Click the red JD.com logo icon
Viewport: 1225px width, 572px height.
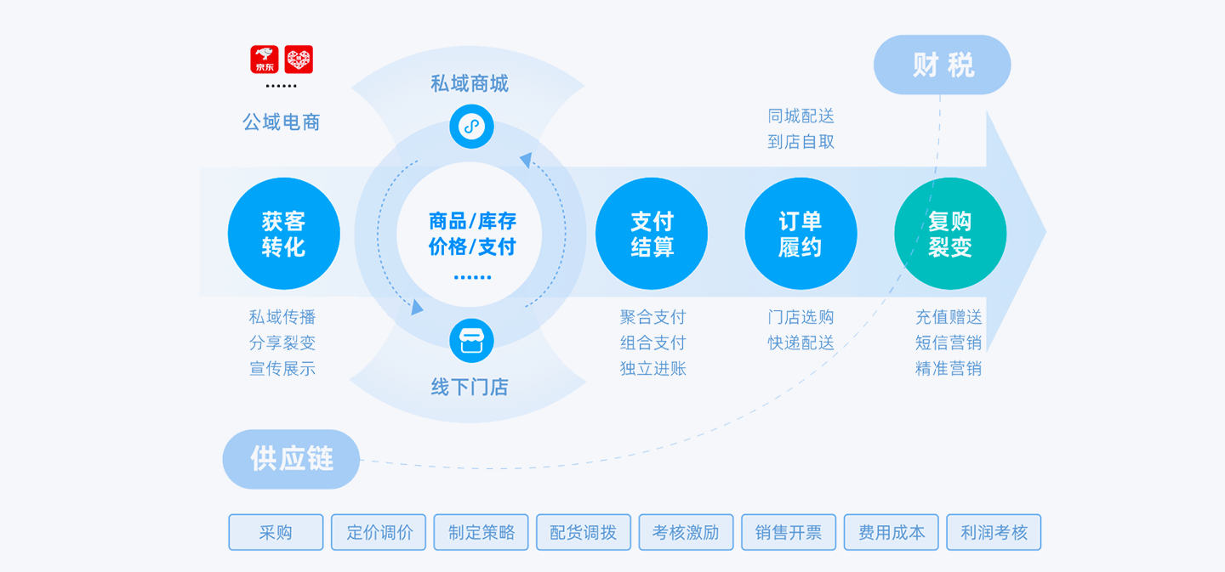(x=265, y=59)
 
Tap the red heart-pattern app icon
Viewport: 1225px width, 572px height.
(x=299, y=59)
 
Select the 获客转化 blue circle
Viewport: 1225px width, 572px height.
(x=283, y=234)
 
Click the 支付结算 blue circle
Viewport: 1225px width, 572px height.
(x=652, y=234)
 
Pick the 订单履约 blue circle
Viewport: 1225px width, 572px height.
(x=801, y=234)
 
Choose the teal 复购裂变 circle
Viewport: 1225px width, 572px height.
(x=950, y=234)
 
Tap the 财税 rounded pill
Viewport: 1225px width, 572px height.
(x=942, y=65)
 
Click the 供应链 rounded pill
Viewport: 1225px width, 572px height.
(x=291, y=459)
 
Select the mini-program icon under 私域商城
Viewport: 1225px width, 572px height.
(x=471, y=127)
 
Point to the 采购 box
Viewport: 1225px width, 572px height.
(x=276, y=532)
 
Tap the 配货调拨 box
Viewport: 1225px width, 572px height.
(x=584, y=532)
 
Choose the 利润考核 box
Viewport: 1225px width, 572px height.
(x=994, y=532)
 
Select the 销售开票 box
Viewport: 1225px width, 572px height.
(x=789, y=532)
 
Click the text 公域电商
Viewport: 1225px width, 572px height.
(x=282, y=122)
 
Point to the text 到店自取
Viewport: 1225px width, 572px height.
(x=801, y=142)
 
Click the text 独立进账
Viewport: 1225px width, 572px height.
(x=652, y=368)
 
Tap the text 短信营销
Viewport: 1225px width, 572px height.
(x=949, y=343)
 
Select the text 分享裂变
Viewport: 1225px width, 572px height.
(x=282, y=343)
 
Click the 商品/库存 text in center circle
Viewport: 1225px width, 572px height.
(x=472, y=221)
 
